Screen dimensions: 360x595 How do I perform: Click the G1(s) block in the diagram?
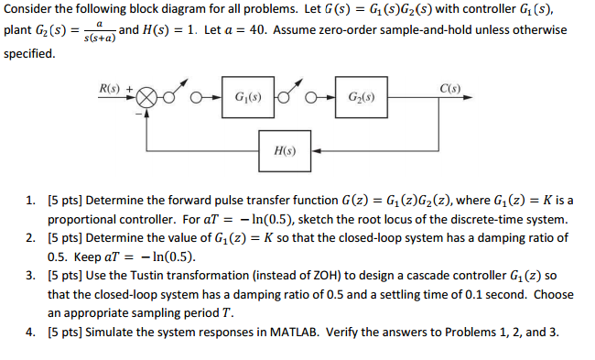(x=244, y=97)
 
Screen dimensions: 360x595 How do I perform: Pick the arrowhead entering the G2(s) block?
(x=331, y=97)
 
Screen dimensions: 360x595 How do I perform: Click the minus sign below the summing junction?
(x=140, y=114)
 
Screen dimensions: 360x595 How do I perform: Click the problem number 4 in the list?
(x=29, y=331)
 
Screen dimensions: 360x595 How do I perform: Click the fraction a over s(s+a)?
(x=97, y=31)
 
